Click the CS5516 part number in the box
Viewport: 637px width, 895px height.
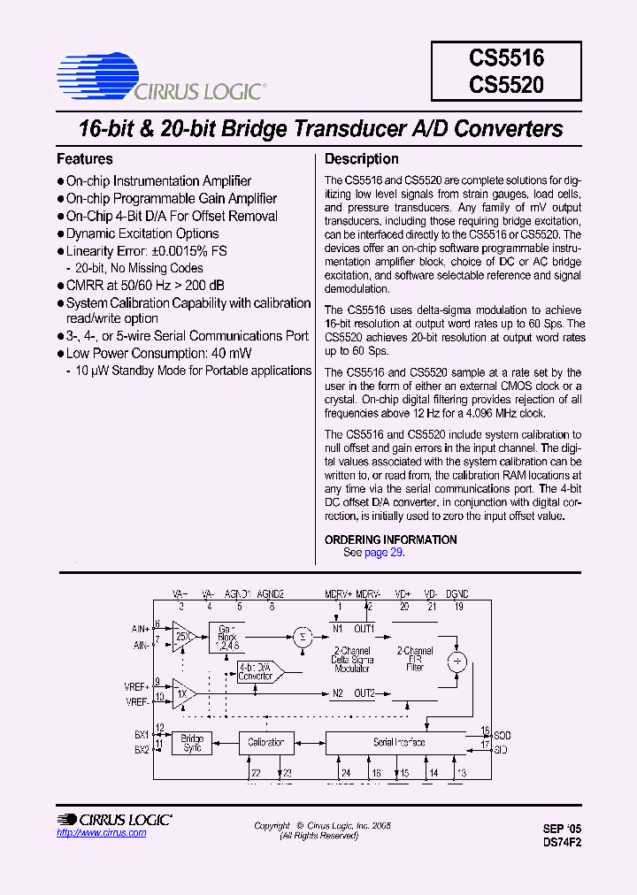point(507,59)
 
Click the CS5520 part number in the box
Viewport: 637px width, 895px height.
point(507,86)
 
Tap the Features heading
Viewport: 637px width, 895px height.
point(85,159)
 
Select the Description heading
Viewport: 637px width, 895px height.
point(362,159)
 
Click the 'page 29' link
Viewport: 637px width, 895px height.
point(384,552)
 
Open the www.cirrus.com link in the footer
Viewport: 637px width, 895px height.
point(102,833)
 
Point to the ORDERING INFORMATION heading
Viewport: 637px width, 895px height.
point(391,539)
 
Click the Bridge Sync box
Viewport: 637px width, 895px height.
point(192,743)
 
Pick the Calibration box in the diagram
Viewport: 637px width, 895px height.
point(265,743)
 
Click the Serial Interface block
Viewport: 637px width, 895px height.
point(398,743)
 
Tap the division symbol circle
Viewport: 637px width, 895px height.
point(457,661)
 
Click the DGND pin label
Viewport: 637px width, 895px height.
point(457,594)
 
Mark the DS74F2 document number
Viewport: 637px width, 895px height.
point(563,843)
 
